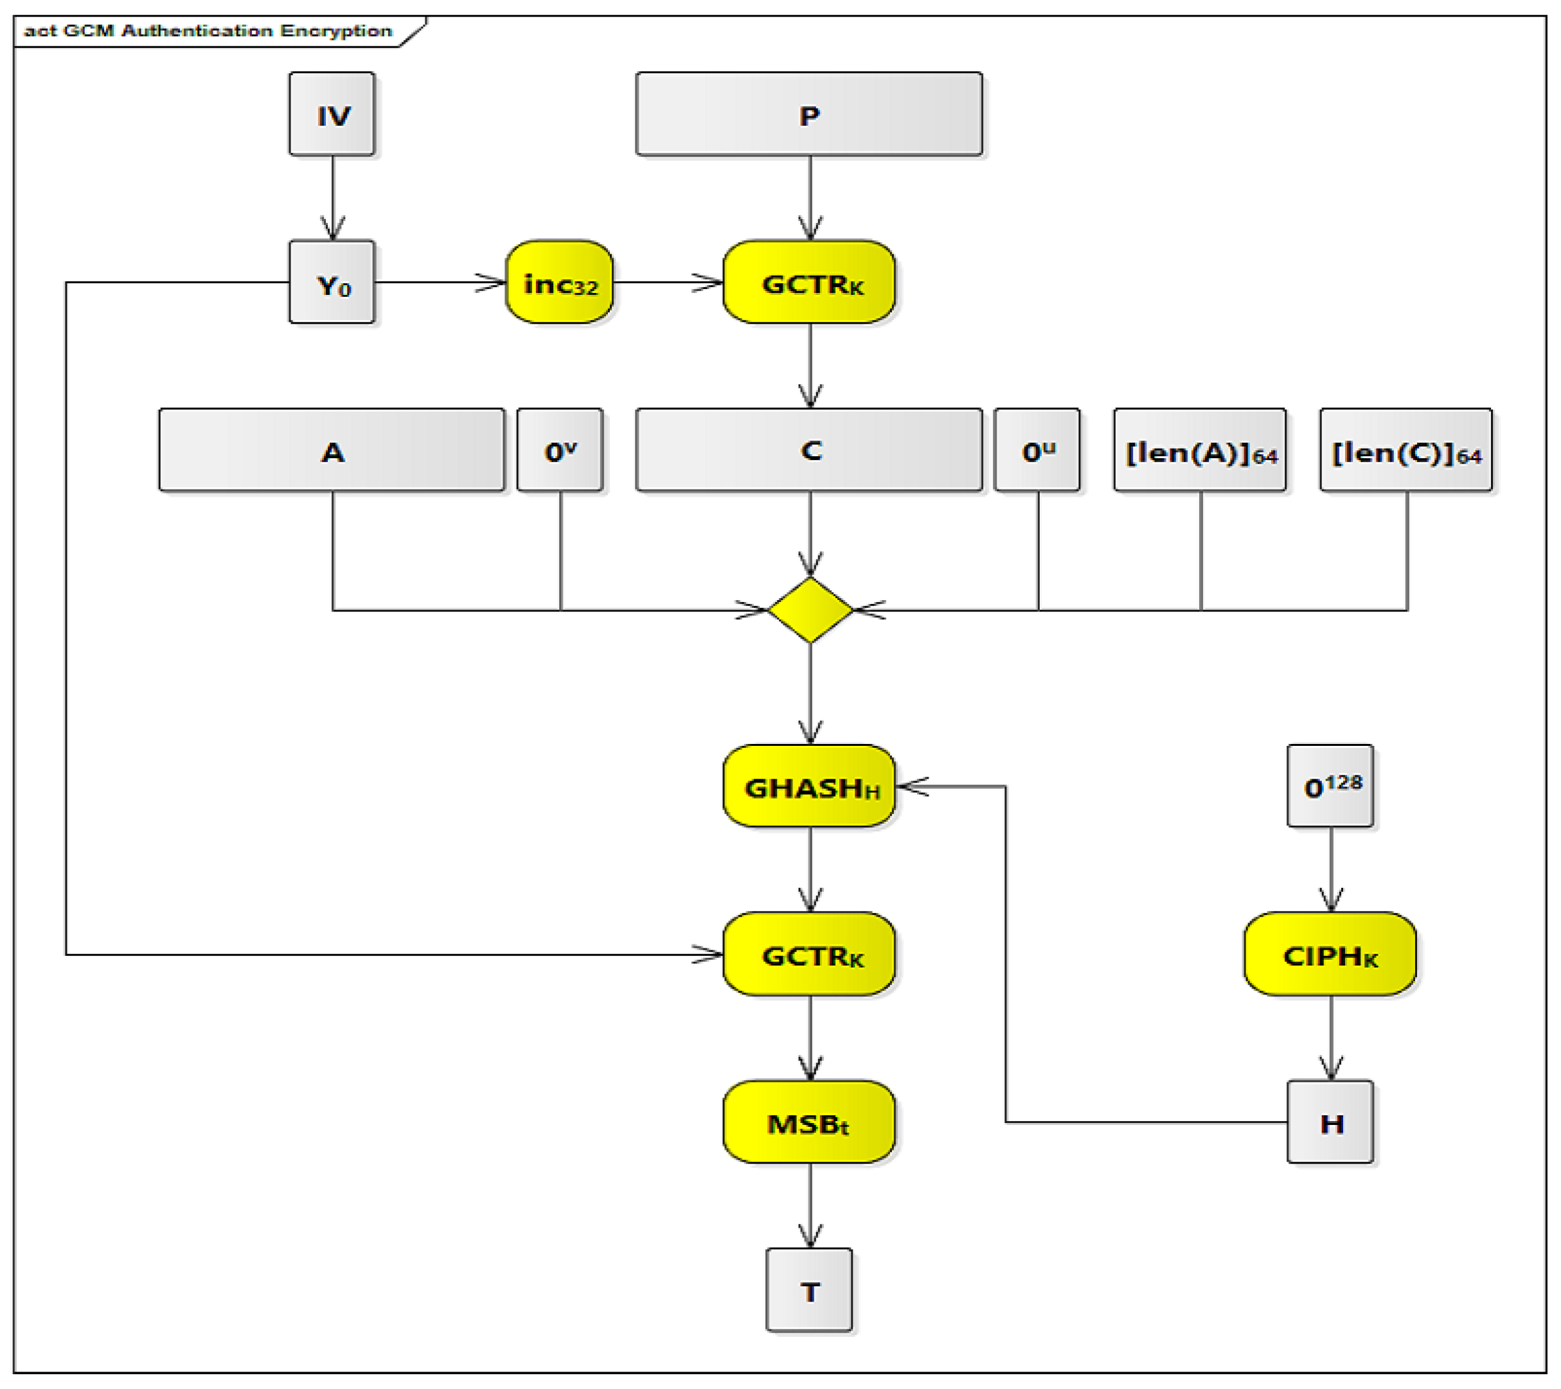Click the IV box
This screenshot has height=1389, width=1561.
click(x=332, y=114)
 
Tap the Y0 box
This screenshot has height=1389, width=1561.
click(x=332, y=283)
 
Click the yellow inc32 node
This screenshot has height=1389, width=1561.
click(x=559, y=283)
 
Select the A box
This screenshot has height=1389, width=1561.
click(x=332, y=450)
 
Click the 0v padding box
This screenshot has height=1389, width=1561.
click(x=560, y=450)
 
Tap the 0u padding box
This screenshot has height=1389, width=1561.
click(x=1037, y=450)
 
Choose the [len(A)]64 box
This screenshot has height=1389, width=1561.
click(x=1200, y=450)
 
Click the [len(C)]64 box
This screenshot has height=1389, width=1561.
click(x=1406, y=450)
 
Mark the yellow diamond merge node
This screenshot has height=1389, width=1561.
click(x=810, y=610)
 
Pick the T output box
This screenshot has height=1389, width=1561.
click(x=810, y=1291)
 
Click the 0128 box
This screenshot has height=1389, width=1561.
click(x=1330, y=786)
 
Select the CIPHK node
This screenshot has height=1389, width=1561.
click(x=1330, y=955)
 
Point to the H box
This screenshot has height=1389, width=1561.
click(x=1330, y=1122)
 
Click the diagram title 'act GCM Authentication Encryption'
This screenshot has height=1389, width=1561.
click(x=208, y=31)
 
